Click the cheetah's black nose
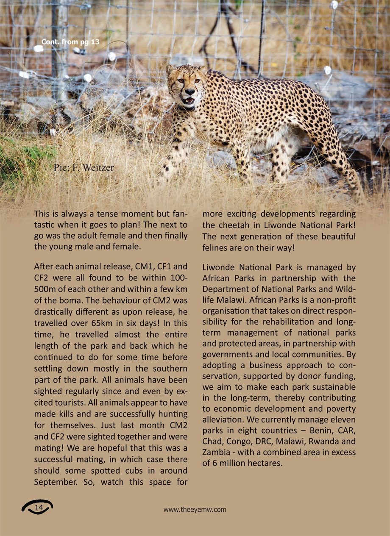(x=189, y=92)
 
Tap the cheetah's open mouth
(x=189, y=101)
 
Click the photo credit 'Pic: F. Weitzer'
(x=84, y=168)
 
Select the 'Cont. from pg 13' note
(x=67, y=42)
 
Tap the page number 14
(x=39, y=508)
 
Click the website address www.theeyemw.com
(x=195, y=510)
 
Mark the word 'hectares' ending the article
(x=264, y=463)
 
